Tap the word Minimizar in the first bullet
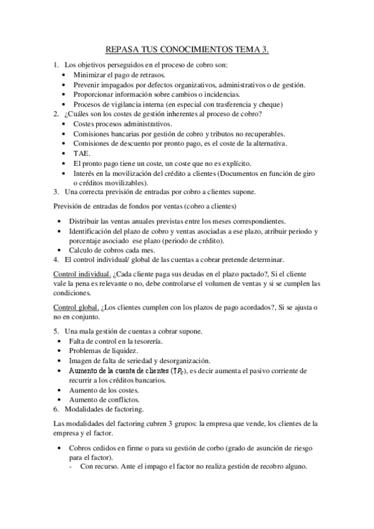coord(89,74)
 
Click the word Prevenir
coord(87,84)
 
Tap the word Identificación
coord(99,231)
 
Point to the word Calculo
coord(84,251)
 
